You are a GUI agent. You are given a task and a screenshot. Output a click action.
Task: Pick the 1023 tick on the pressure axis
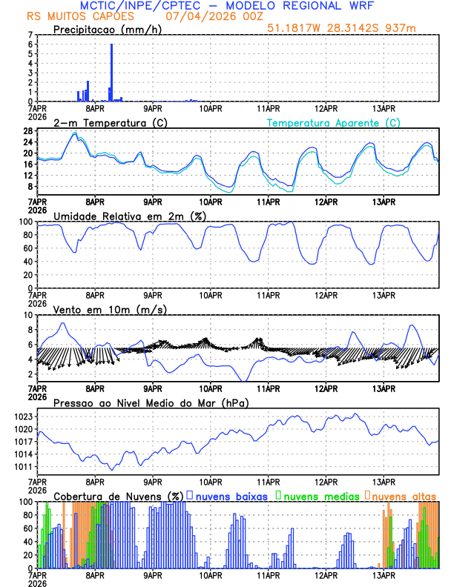tap(24, 417)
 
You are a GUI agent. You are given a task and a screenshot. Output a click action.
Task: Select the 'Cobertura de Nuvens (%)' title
tap(118, 496)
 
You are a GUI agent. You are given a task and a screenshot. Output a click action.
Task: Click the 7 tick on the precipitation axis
tap(30, 35)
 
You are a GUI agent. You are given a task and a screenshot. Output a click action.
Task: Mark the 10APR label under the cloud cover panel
tap(211, 574)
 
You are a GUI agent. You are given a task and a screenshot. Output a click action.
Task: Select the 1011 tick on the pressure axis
tap(24, 466)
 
